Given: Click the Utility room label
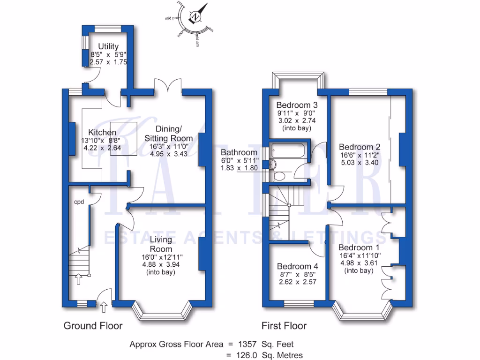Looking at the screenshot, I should [108, 46].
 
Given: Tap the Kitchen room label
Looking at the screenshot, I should [98, 133].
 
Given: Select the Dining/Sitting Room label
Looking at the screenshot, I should [168, 134].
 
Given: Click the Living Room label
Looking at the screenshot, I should [161, 244].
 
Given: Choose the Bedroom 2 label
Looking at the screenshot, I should [360, 147].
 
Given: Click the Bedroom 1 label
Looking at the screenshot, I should [359, 247].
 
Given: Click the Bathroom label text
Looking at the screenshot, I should [239, 152].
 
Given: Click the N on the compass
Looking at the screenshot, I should [195, 17].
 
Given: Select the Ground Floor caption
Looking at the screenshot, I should [93, 326].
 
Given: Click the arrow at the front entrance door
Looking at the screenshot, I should [104, 307].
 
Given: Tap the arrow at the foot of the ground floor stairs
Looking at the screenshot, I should [78, 279].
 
